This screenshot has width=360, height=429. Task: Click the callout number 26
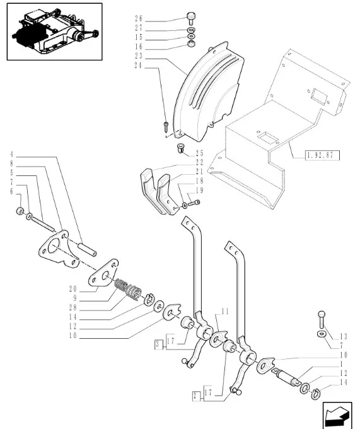point(139,19)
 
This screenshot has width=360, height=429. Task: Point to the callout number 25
point(199,153)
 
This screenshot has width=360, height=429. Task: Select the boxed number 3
point(157,344)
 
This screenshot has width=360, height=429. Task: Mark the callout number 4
point(12,154)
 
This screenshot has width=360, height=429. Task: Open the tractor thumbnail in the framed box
point(54,32)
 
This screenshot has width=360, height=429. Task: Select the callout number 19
point(199,189)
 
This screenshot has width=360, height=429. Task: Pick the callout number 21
point(199,172)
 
